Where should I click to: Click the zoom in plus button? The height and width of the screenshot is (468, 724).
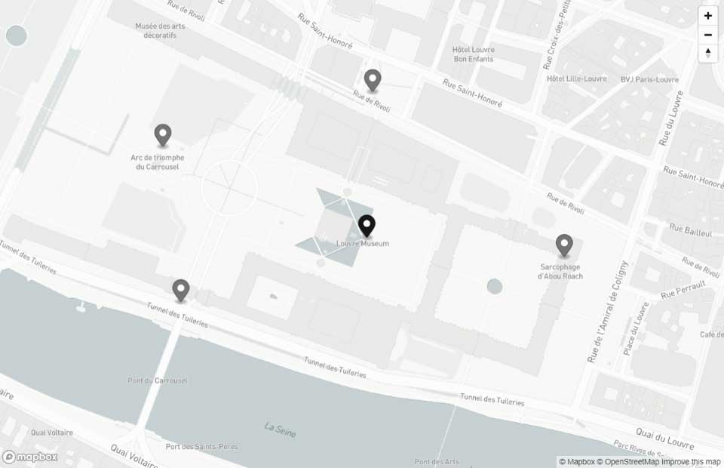coord(707,16)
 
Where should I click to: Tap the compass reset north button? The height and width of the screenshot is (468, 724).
coord(707,53)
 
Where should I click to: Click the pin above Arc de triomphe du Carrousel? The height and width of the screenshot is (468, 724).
coord(162,135)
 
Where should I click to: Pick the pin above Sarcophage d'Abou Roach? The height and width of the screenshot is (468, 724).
coord(564,245)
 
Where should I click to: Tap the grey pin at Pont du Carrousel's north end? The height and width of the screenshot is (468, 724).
coord(180,290)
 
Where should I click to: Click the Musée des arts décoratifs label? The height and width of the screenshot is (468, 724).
coord(160,29)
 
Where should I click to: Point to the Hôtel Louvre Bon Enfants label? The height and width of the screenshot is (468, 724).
coord(473,54)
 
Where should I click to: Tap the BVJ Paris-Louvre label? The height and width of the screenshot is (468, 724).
coord(649,79)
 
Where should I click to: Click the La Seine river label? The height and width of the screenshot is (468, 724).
coord(281,430)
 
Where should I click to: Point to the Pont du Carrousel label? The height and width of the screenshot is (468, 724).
coord(158,380)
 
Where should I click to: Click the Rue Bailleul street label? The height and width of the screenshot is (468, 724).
coord(690,231)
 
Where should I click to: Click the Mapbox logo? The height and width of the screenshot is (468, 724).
coord(31,457)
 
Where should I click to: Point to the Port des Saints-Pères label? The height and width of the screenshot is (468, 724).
coord(201,447)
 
